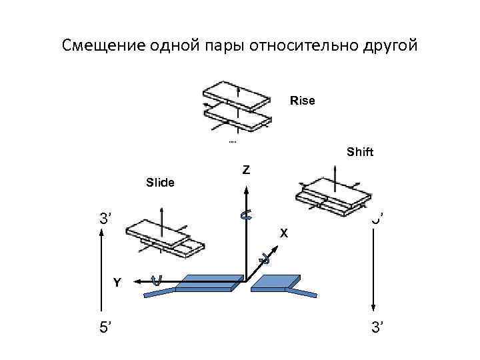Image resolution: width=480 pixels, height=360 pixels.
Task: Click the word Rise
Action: pos(302,101)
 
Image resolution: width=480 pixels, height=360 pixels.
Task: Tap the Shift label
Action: pos(360,152)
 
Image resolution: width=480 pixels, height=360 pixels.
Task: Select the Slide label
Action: pos(160,182)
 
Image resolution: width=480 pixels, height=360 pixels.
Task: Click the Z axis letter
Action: pos(246,170)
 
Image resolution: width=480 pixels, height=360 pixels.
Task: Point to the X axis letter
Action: pos(284,233)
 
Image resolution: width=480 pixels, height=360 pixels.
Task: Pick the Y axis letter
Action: pos(117,283)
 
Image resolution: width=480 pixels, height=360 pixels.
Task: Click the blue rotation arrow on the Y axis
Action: pos(157,281)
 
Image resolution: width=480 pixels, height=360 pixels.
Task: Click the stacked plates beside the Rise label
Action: pos(237,107)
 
